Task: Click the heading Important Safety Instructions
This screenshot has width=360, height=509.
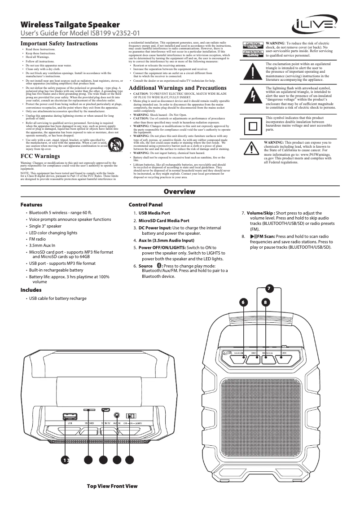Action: pos(59,44)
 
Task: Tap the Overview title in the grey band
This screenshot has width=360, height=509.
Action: pos(180,192)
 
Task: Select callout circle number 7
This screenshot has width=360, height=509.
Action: pos(268,288)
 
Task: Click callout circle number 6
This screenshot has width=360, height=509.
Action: pos(244,302)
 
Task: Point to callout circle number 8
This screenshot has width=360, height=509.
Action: pos(266,302)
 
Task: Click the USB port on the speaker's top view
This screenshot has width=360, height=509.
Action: pos(70,416)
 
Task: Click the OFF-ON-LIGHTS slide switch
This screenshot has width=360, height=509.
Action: pos(131,416)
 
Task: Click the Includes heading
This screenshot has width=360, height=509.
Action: pos(31,290)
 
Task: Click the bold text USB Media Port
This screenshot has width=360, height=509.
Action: pos(154,213)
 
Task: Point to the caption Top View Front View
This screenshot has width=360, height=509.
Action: pos(112,486)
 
